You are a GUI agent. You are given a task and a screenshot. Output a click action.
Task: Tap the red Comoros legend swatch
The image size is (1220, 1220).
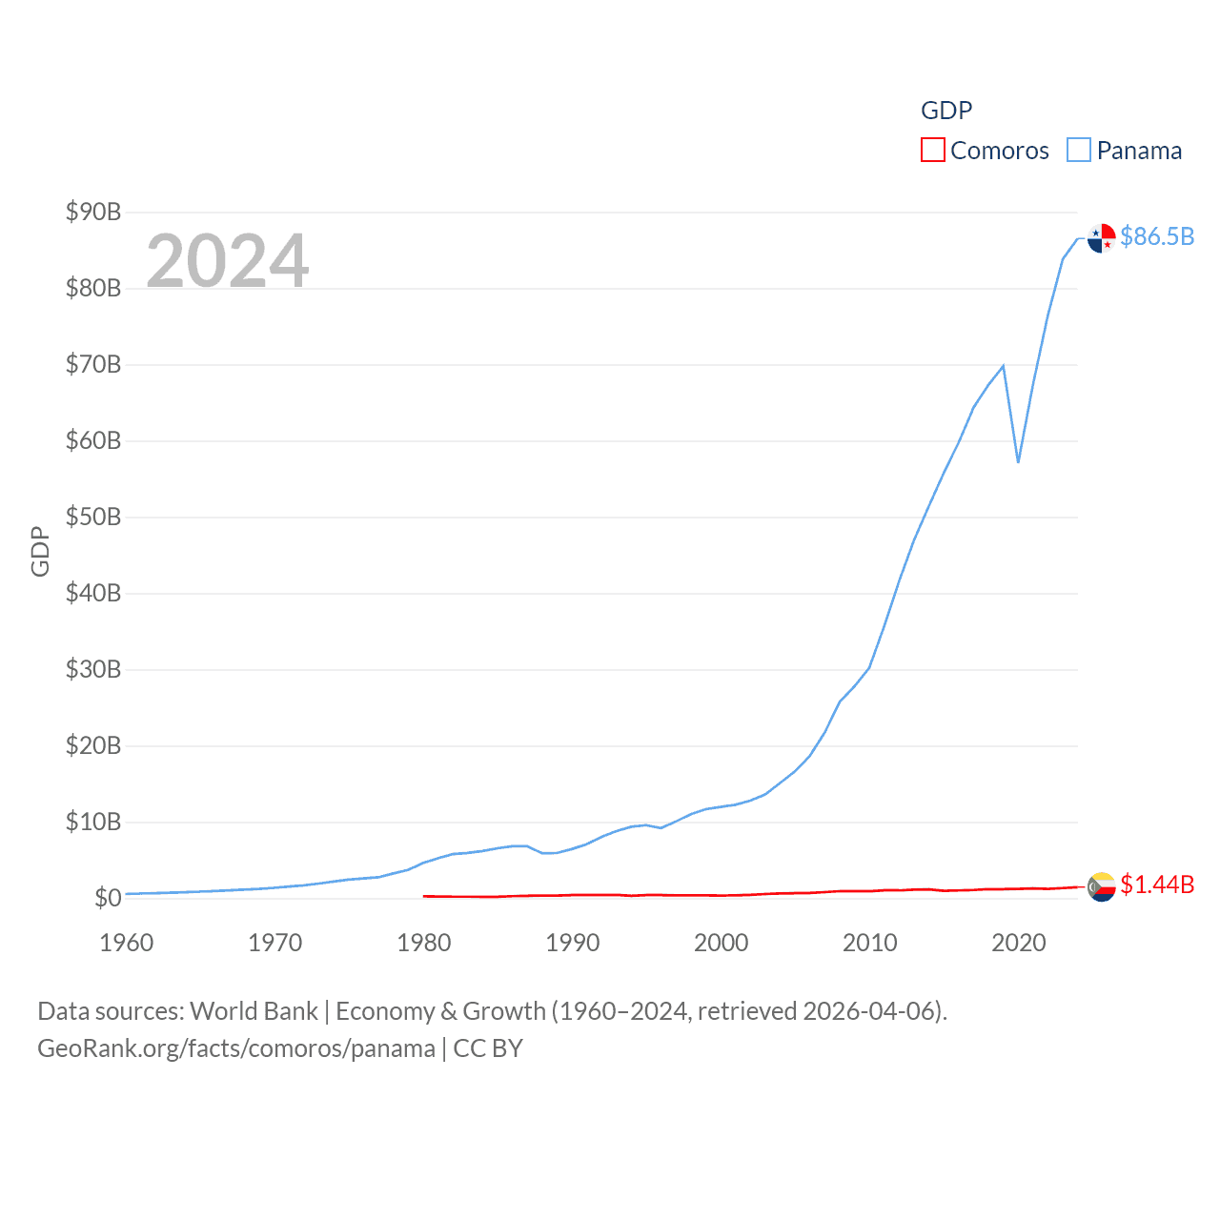tap(932, 151)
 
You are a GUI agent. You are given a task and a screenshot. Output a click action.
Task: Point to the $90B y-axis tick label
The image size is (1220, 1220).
tap(93, 212)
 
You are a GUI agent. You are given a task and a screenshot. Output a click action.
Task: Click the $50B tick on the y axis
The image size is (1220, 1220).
tap(93, 517)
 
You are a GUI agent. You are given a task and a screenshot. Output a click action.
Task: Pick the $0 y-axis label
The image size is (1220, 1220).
tap(108, 898)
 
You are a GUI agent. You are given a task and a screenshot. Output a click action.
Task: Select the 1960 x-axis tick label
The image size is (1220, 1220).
tap(127, 943)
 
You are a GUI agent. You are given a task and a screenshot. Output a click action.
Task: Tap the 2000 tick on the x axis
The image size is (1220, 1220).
tap(722, 943)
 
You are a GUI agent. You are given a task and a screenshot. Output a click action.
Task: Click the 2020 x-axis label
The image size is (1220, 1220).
tap(1019, 943)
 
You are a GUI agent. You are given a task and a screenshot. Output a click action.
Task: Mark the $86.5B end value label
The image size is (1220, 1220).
tap(1157, 236)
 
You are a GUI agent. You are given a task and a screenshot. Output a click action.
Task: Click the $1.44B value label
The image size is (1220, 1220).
tap(1157, 884)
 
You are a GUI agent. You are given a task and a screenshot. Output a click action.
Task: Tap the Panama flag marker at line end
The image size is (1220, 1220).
tap(1102, 238)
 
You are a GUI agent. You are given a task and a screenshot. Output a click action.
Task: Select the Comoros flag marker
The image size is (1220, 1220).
tap(1102, 886)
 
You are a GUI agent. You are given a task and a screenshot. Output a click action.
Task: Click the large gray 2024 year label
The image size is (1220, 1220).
tap(228, 260)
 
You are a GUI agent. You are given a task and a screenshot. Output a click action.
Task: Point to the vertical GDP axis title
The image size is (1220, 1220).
tap(40, 551)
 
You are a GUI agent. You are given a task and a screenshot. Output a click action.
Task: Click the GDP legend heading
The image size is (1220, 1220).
tap(946, 111)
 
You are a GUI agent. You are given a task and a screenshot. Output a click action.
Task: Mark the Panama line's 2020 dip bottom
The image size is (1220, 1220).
tap(1018, 462)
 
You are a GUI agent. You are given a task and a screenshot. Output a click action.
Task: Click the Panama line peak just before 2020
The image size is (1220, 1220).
tap(1003, 366)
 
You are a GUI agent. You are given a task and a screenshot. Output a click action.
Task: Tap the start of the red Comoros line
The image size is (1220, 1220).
tap(424, 896)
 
